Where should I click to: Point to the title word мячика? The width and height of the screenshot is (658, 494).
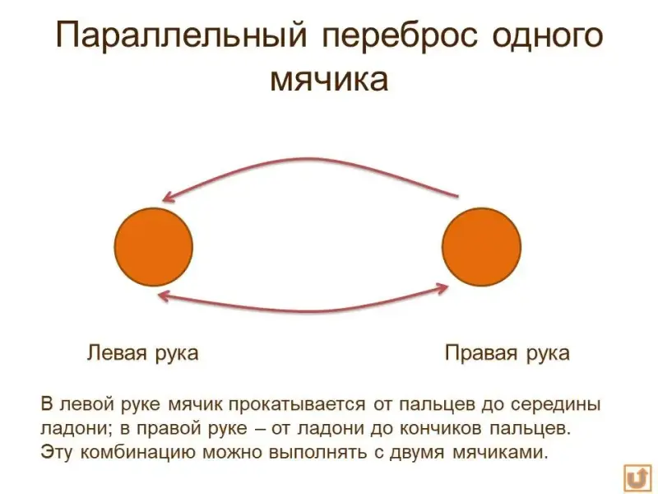coord(329,81)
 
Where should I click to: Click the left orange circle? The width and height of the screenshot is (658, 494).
coord(153,247)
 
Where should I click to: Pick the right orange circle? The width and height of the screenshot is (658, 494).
coord(481,247)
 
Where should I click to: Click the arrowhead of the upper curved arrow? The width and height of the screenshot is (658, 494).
coord(167,196)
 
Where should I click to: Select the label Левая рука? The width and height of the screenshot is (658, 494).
coord(142,353)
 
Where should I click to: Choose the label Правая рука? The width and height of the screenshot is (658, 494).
coord(507,353)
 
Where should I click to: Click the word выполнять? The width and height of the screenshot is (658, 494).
coord(323,452)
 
